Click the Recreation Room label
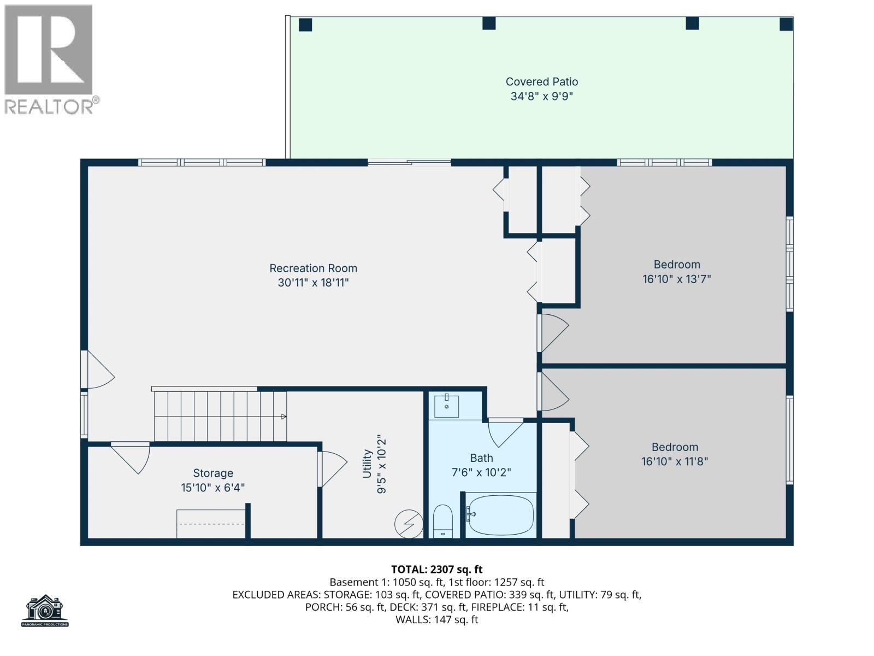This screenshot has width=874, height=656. pos(313,268)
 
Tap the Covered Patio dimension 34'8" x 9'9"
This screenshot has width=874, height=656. pos(541,97)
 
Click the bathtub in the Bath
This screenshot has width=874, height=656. pos(500,515)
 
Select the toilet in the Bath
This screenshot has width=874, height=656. pos(442,522)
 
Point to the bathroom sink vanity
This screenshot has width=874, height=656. pos(446,406)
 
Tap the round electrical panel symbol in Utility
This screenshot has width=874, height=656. pos(409,524)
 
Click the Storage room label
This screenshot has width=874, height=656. pos(213,473)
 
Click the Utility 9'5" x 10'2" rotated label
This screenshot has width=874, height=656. pos(374,465)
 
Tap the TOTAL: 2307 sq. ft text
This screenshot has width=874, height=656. pos(436,569)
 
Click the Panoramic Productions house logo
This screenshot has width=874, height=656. pos(45,610)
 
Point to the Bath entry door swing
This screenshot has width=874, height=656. pos(505,432)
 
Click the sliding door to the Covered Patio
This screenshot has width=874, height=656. pos(410,162)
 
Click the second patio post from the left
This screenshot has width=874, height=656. pos(488,24)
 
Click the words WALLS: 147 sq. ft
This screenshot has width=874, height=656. pos(436,619)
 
